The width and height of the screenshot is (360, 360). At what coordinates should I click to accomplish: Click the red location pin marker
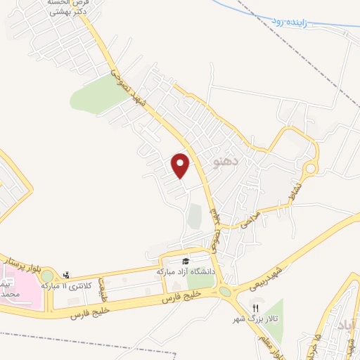[181, 165]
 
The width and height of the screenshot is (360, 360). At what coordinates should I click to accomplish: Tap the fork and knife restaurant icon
[256, 308]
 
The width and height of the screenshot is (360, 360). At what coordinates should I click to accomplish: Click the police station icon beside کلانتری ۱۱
[67, 275]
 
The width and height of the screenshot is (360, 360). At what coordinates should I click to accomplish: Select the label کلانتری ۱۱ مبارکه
[67, 286]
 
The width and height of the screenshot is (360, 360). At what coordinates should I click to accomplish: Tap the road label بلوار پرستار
[21, 262]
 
